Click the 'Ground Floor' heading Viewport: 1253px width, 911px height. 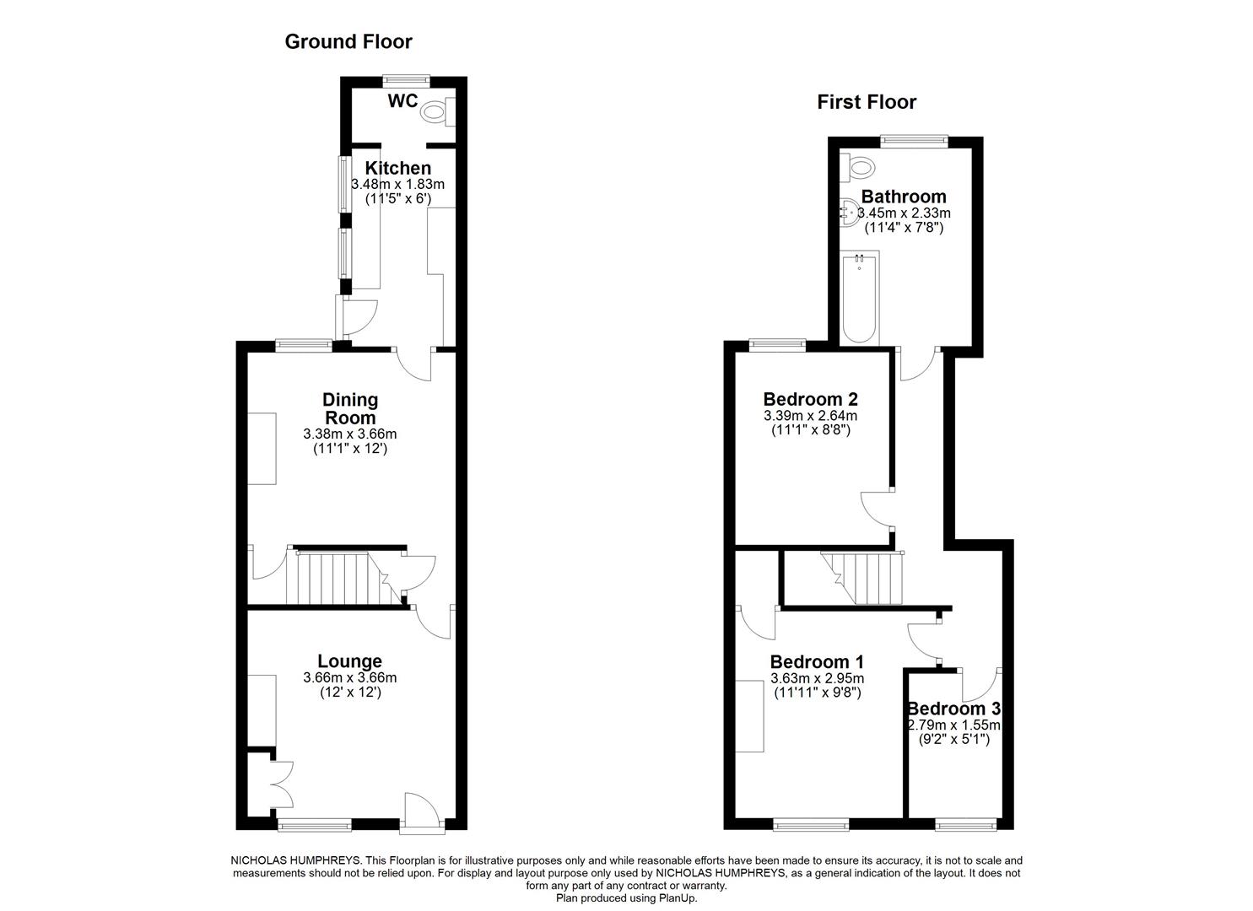click(x=348, y=41)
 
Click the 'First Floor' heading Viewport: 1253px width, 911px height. click(x=866, y=102)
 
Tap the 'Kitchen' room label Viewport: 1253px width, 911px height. click(x=397, y=168)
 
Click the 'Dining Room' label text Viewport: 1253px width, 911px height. click(x=350, y=408)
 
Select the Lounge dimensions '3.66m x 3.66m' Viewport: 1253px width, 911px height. click(x=349, y=677)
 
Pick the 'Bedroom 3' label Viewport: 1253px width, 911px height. click(x=953, y=709)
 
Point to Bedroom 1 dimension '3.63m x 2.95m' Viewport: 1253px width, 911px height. click(x=817, y=678)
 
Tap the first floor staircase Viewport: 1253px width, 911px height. click(x=861, y=577)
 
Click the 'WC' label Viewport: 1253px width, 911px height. click(x=402, y=101)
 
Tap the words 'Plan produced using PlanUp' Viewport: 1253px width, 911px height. click(x=625, y=898)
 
